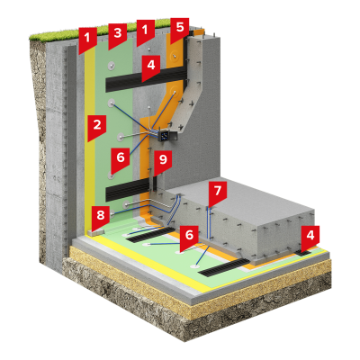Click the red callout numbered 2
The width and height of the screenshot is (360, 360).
97,127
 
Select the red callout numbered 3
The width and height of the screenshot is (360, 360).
117,35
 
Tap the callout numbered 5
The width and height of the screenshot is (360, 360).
180,30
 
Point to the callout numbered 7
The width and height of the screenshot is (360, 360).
218,193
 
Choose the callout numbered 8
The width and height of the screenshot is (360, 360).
101,217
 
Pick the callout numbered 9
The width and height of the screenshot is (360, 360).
163,162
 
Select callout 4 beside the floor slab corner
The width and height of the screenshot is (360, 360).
310,238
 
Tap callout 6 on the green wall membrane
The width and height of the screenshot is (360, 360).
121,160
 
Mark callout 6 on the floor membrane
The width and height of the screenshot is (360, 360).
189,238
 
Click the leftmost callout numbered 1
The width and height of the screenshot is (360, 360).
87,40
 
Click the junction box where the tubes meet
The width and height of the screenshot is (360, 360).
166,136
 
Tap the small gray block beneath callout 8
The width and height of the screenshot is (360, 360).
96,232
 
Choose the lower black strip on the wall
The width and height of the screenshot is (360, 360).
128,191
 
